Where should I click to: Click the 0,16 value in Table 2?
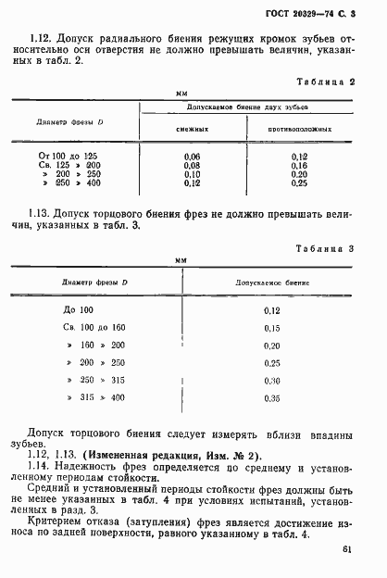[299, 165]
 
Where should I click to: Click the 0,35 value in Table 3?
[272, 398]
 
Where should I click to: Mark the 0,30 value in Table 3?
[272, 380]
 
